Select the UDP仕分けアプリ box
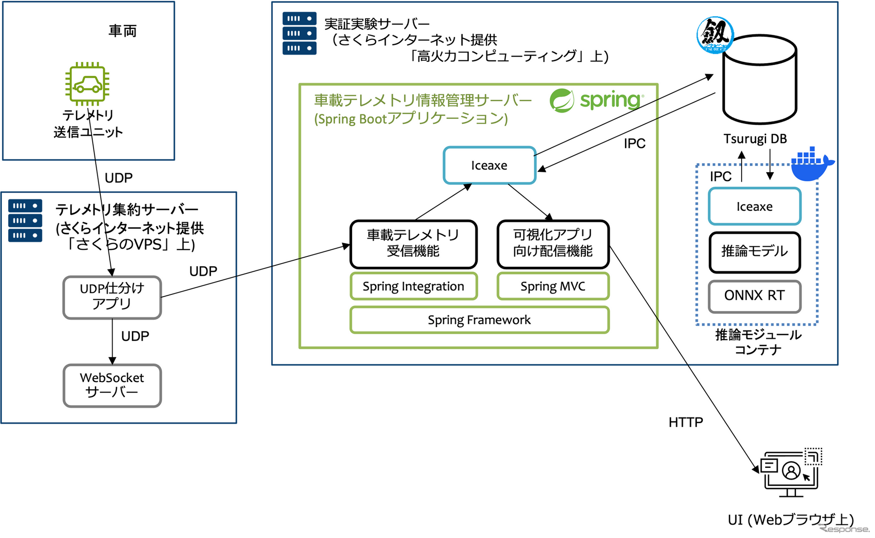tap(112, 297)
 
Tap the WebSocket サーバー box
tap(112, 386)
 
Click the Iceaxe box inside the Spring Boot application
tap(489, 165)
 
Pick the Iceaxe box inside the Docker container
tap(754, 206)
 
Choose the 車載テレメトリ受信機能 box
tap(414, 244)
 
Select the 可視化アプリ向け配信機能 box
tap(553, 244)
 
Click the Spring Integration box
tap(414, 286)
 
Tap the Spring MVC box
tap(553, 286)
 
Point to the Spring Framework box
tap(480, 320)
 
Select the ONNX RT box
tap(754, 296)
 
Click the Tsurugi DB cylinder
tap(759, 80)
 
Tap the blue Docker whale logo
tap(812, 164)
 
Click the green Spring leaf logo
tap(562, 100)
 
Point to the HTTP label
tap(686, 422)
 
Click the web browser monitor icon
tap(791, 472)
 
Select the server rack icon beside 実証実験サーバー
tap(299, 33)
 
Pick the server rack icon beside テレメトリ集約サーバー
tap(25, 221)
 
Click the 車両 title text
tap(122, 31)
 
